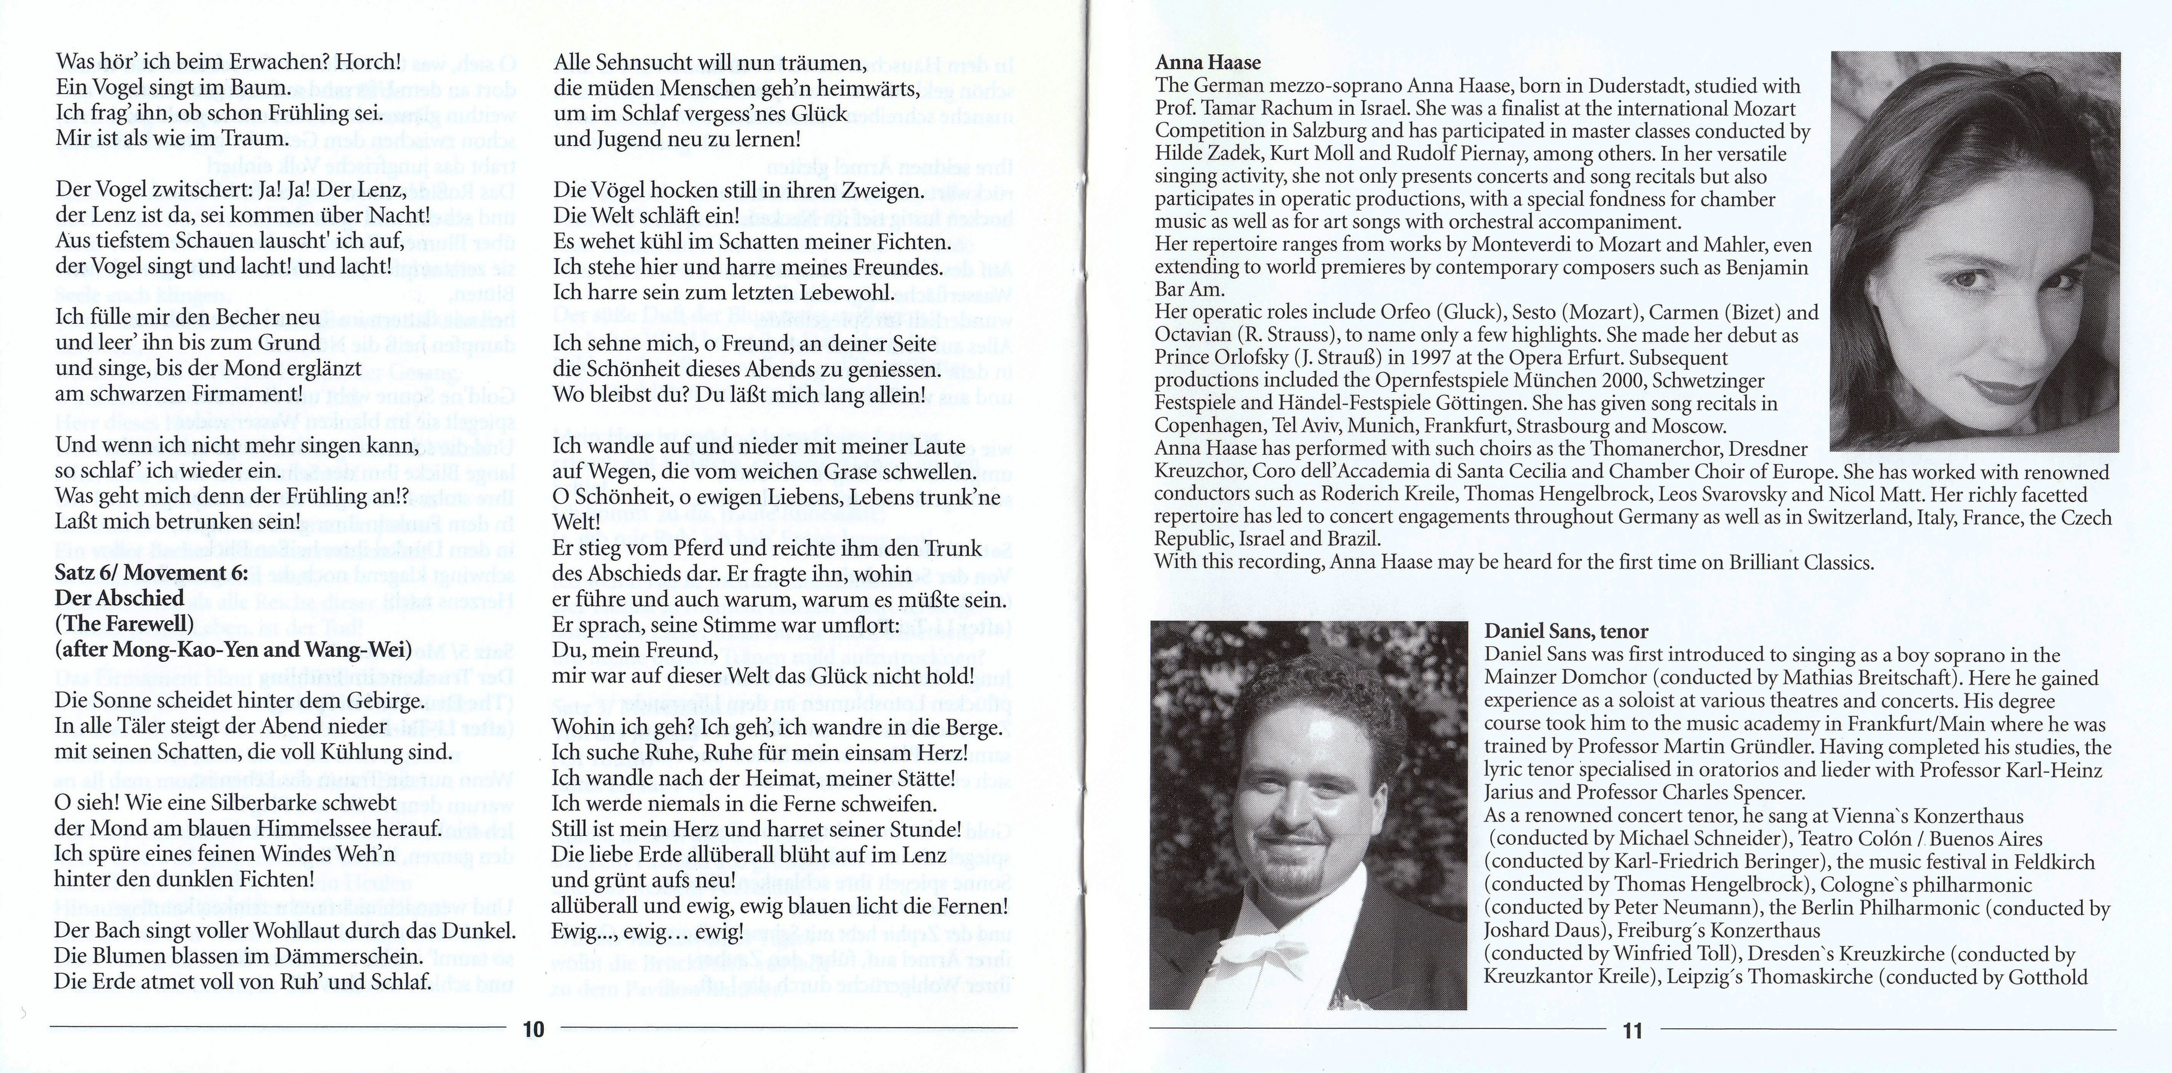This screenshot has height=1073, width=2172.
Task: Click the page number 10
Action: click(x=534, y=1030)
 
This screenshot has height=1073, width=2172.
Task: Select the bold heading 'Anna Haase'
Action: click(x=1208, y=62)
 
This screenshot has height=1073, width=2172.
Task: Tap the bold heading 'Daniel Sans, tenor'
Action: click(x=1566, y=631)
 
